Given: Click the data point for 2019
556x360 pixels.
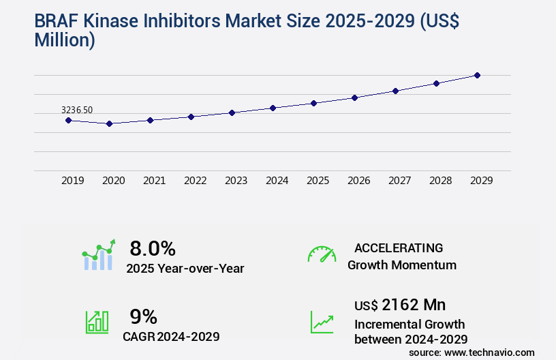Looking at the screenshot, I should pyautogui.click(x=68, y=120).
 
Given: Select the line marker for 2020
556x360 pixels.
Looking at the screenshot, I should pyautogui.click(x=109, y=123).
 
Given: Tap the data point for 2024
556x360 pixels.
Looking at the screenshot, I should pyautogui.click(x=273, y=108).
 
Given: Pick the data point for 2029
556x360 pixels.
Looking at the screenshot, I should pyautogui.click(x=477, y=75).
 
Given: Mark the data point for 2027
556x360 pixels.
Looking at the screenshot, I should pyautogui.click(x=395, y=91).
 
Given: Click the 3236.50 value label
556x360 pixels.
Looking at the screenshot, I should pyautogui.click(x=77, y=110).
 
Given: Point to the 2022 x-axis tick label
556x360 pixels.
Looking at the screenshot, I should pyautogui.click(x=196, y=181).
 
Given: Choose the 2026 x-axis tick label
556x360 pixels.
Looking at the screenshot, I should pyautogui.click(x=359, y=181).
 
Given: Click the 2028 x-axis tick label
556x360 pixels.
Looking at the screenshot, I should pyautogui.click(x=441, y=181).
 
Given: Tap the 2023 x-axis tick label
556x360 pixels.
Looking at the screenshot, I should pyautogui.click(x=236, y=181).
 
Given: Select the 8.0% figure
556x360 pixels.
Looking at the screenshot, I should pyautogui.click(x=153, y=248).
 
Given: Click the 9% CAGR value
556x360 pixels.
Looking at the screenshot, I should pyautogui.click(x=144, y=316).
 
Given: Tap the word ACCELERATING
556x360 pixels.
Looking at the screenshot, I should pyautogui.click(x=399, y=248).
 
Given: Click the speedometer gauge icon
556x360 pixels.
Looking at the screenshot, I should pyautogui.click(x=322, y=254).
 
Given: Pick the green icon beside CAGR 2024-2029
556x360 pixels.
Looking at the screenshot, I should pyautogui.click(x=97, y=322).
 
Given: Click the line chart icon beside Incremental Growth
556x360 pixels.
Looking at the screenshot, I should pyautogui.click(x=322, y=322).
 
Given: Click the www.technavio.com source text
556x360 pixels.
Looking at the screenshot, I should pyautogui.click(x=489, y=352).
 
